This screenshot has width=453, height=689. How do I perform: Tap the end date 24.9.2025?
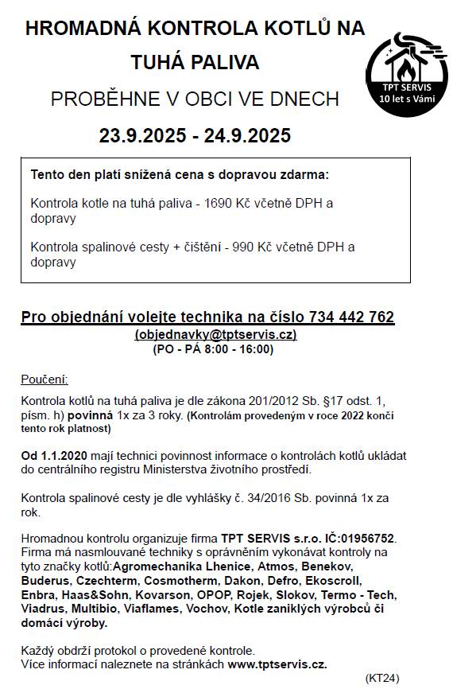tap(247, 136)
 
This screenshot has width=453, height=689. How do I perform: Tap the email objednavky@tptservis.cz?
tap(215, 334)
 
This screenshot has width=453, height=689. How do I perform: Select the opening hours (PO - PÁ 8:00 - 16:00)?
tap(212, 348)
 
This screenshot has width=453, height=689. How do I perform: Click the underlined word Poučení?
tap(45, 379)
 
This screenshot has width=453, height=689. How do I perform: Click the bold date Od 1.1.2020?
tap(56, 456)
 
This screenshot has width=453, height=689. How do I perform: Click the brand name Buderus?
tap(46, 581)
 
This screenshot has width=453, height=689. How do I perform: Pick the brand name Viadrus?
tap(45, 609)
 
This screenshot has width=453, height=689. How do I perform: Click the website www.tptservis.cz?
tap(277, 664)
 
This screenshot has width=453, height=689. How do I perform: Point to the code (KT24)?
tap(382, 678)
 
